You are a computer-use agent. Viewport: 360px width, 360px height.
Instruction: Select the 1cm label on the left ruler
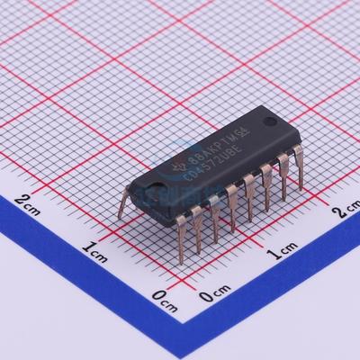pos(94,246)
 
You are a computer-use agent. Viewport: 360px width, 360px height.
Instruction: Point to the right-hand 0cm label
pos(216,294)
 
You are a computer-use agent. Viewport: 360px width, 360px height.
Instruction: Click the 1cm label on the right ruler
pos(283,247)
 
